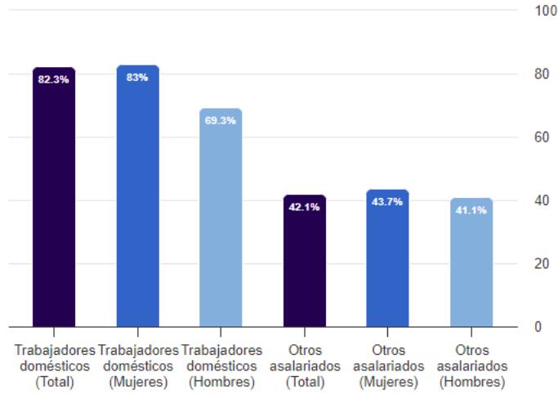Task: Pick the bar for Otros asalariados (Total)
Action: pyautogui.click(x=304, y=266)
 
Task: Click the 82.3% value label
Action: pyautogui.click(x=54, y=79)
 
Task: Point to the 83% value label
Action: pyautogui.click(x=137, y=77)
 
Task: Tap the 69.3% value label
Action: pyautogui.click(x=221, y=120)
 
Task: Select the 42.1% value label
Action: pyautogui.click(x=304, y=206)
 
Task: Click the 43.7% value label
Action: pyautogui.click(x=387, y=201)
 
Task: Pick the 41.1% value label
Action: pyautogui.click(x=471, y=209)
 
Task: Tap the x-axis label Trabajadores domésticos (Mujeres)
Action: pyautogui.click(x=137, y=366)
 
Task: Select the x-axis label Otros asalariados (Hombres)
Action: pyautogui.click(x=471, y=366)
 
